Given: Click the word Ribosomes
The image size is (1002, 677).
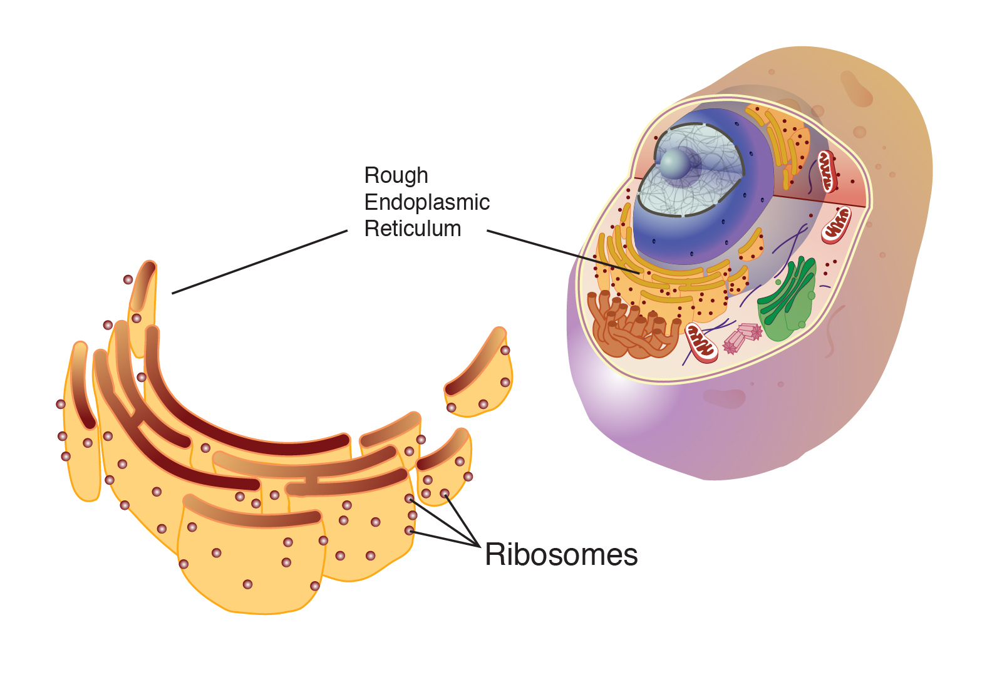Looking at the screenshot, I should tap(561, 555).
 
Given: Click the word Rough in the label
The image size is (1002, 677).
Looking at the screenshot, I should tap(396, 176).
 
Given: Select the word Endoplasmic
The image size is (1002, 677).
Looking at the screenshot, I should tap(426, 202).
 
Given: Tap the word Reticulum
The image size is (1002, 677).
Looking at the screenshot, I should tap(412, 229).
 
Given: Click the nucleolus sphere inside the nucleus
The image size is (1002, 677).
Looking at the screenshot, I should tap(675, 164).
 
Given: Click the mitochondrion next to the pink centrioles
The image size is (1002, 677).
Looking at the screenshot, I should tap(701, 342).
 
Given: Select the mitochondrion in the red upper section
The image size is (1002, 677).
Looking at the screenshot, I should tap(827, 170).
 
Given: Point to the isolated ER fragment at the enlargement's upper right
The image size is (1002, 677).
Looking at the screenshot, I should tap(479, 376).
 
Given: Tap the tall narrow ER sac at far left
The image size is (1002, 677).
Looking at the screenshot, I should tap(82, 426).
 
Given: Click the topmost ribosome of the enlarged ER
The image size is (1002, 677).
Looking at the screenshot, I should tap(128, 280).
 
